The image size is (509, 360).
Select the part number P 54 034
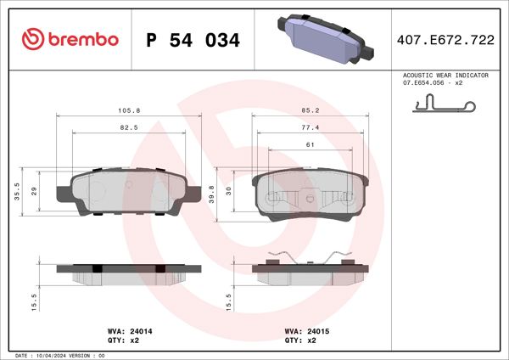click(x=193, y=40)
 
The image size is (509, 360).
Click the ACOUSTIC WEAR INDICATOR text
click(x=445, y=76)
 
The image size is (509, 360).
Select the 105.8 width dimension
click(x=129, y=110)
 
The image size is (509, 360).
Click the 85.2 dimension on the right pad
click(x=310, y=110)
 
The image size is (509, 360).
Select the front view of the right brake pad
click(x=310, y=194)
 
